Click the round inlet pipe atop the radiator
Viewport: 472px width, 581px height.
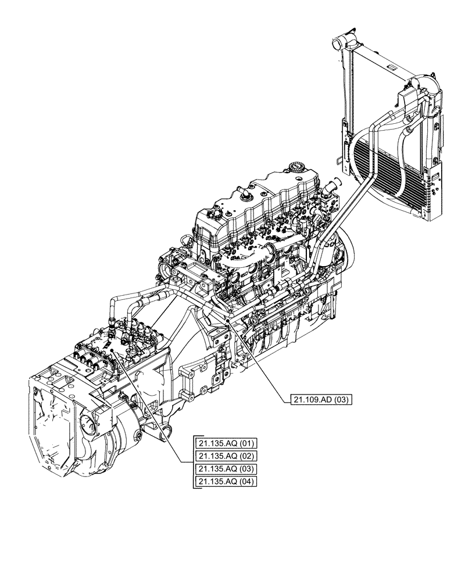[x=339, y=44]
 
